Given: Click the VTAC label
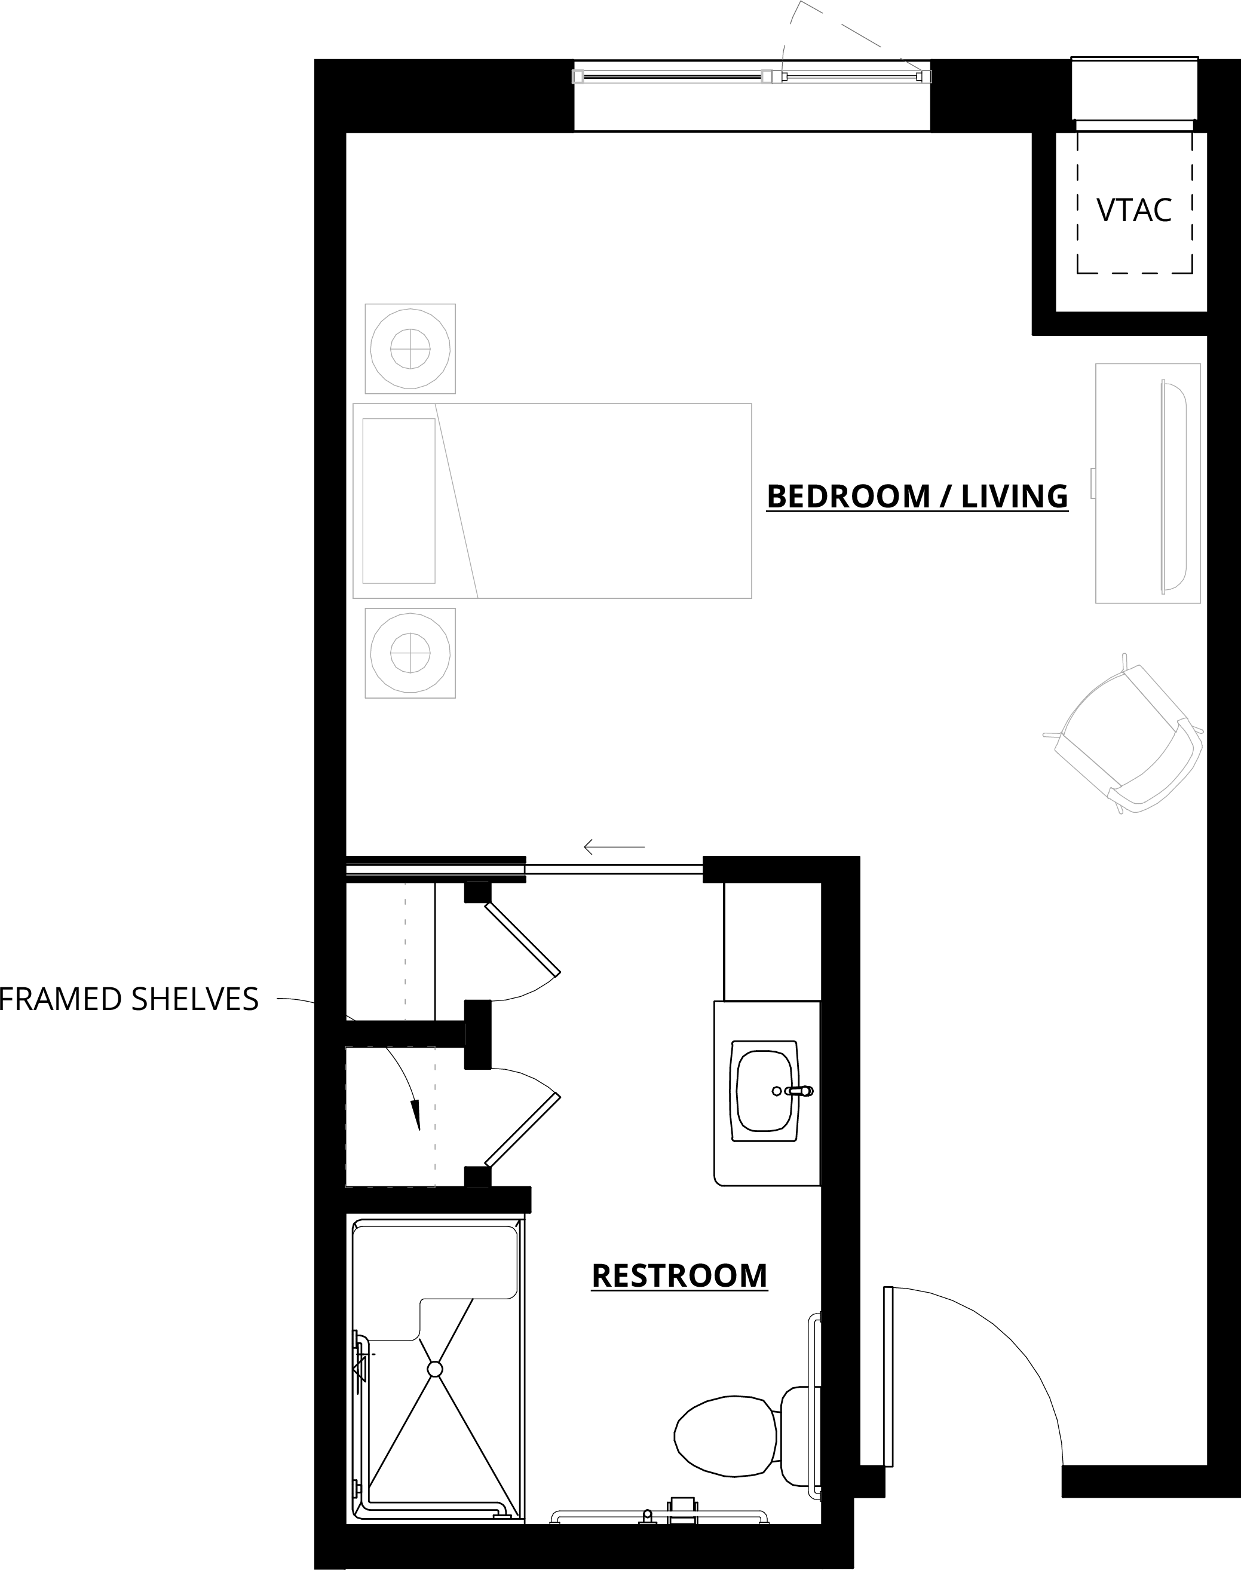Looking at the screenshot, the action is pos(1134,210).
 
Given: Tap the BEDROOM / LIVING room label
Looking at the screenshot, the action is pos(917,497).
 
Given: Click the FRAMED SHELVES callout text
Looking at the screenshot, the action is pos(128,999).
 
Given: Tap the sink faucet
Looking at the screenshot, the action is pos(797,1091).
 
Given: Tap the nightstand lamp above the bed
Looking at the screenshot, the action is pos(410,349).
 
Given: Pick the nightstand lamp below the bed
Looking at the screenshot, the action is pos(410,653).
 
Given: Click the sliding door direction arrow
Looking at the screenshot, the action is pos(614,847).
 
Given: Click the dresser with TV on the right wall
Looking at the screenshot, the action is pos(1148,483).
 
